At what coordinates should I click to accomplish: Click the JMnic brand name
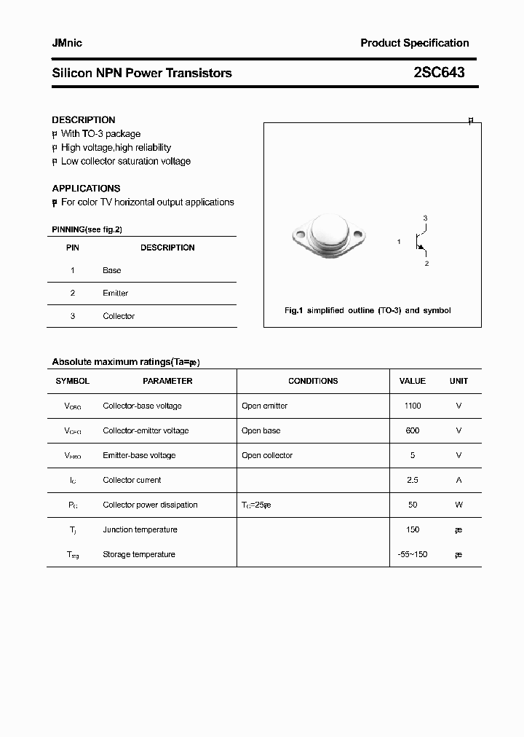(x=67, y=43)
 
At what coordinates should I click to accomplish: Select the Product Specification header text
(x=414, y=43)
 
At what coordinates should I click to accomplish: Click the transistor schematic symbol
(x=420, y=241)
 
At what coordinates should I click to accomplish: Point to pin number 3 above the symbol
(x=425, y=218)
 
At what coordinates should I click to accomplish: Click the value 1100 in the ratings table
(x=412, y=406)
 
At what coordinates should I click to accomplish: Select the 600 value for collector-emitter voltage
(x=412, y=430)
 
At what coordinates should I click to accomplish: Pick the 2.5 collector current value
(x=412, y=480)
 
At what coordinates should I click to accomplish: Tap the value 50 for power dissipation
(x=412, y=505)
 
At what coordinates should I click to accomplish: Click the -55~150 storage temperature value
(x=412, y=554)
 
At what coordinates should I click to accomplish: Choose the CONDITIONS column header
(x=313, y=381)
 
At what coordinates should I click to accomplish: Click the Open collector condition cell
(x=267, y=455)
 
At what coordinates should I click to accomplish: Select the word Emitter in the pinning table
(x=115, y=293)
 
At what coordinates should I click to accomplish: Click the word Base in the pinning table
(x=111, y=270)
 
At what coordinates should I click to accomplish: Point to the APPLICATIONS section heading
(x=86, y=188)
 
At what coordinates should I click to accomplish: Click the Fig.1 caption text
(x=367, y=310)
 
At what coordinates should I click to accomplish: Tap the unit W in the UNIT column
(x=458, y=505)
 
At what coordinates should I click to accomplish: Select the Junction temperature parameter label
(x=140, y=529)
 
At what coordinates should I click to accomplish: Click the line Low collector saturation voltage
(x=125, y=161)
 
